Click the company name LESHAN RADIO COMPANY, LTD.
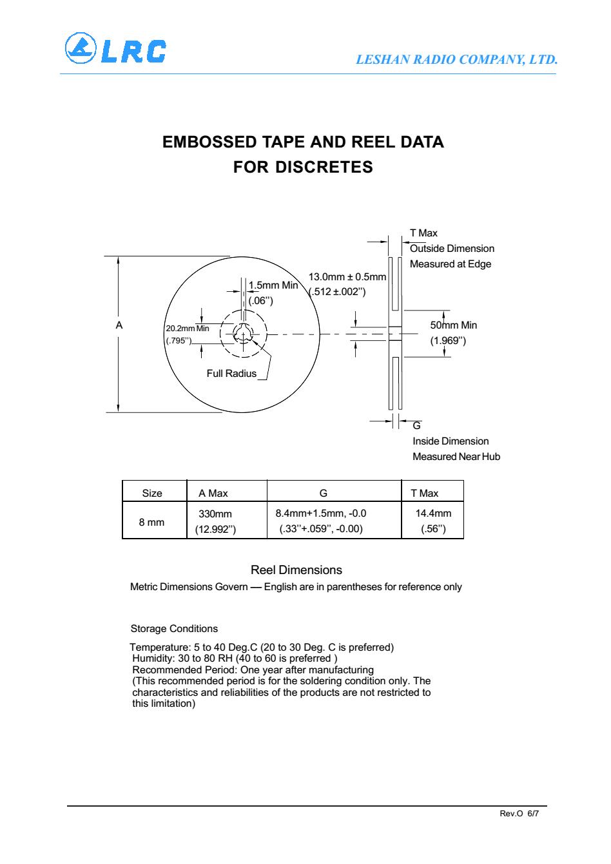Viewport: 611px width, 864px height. [x=456, y=60]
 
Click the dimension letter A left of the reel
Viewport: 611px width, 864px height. [x=119, y=326]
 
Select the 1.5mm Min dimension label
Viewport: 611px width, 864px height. [x=273, y=285]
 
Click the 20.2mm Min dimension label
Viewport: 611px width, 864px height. [x=187, y=329]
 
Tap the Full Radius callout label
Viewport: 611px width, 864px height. [x=231, y=374]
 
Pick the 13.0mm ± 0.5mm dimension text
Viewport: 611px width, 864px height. [x=347, y=277]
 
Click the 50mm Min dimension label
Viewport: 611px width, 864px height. [x=454, y=325]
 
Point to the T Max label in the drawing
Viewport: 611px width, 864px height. [x=423, y=233]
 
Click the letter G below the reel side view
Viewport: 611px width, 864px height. [x=416, y=426]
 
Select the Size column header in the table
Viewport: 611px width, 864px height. [x=152, y=494]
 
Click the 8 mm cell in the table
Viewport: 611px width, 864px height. [x=152, y=522]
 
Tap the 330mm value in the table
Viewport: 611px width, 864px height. [x=215, y=514]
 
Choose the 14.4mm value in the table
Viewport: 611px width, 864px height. [x=433, y=514]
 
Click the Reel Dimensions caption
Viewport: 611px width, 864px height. [x=296, y=570]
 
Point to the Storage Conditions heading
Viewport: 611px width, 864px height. [x=174, y=629]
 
